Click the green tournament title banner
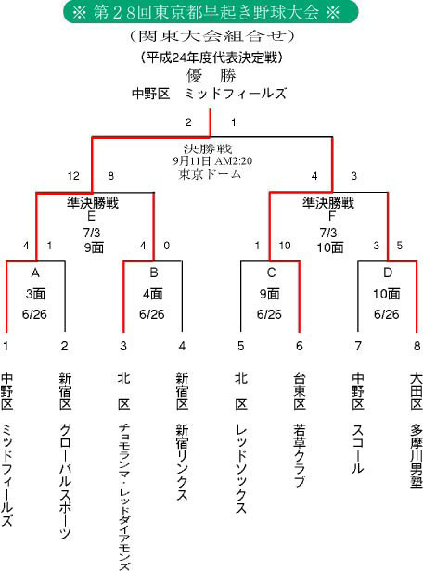211,12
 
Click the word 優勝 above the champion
211,76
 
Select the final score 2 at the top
188,122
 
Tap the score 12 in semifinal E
73,176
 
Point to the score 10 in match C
285,246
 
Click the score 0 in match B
166,246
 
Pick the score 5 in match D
400,246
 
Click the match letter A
35,273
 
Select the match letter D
388,273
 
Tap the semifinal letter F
331,216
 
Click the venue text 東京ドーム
210,174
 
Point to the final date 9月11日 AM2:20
212,161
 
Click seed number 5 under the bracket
241,346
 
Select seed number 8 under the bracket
417,346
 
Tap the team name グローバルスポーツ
65,481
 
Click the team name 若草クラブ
299,455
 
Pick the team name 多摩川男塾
417,455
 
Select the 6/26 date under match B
152,314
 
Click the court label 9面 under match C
269,294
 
